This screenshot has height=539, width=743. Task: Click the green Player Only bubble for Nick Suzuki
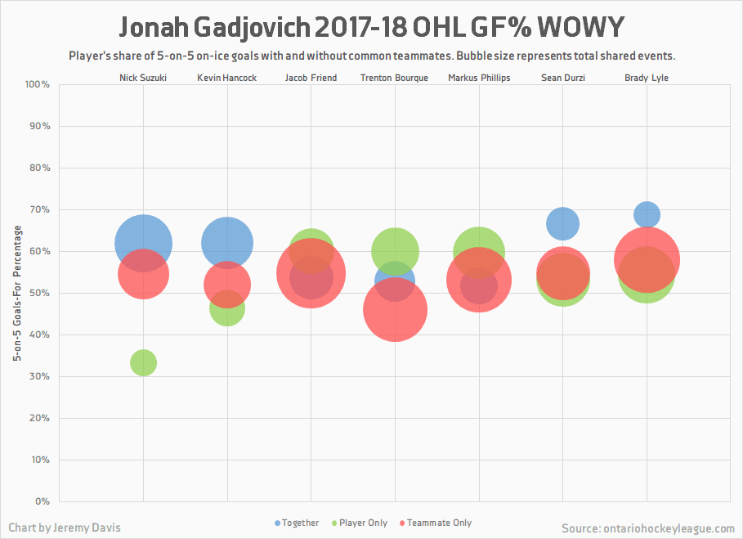click(143, 362)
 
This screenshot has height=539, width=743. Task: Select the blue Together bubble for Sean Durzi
click(562, 222)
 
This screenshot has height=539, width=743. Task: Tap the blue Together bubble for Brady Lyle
click(647, 214)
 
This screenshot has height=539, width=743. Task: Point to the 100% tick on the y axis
click(38, 84)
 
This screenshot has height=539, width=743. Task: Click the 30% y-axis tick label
click(41, 376)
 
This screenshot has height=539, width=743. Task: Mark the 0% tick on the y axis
click(43, 501)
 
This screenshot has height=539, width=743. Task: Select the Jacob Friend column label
click(311, 79)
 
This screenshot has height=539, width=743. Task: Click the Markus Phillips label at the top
click(479, 79)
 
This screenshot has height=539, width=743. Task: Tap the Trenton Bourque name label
click(395, 79)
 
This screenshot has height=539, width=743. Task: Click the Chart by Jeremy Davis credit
click(65, 528)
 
